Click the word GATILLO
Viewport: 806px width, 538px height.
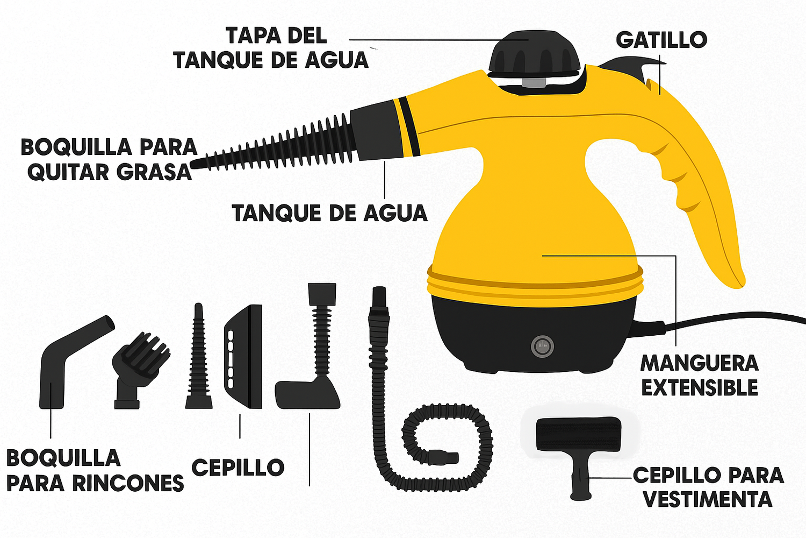(661, 40)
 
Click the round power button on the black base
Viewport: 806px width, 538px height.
(542, 346)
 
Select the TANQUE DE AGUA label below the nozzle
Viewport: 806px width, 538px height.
(329, 213)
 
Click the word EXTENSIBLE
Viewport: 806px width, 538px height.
(700, 387)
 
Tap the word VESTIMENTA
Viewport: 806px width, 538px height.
(708, 499)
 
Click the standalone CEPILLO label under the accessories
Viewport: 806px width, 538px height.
(238, 468)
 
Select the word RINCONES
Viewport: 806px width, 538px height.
(128, 483)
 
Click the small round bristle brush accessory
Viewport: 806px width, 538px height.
(140, 370)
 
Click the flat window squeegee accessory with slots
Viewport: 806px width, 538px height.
(243, 356)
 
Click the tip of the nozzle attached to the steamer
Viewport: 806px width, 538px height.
(192, 165)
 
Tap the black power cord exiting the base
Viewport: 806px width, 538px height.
(719, 321)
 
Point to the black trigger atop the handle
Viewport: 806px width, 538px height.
(634, 68)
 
